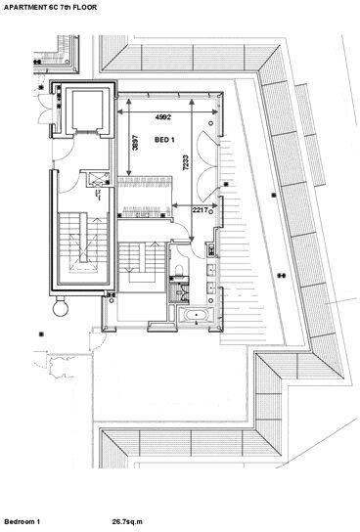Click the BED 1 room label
164,140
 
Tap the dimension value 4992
163,117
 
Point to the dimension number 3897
135,143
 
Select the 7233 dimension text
186,163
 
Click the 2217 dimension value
200,210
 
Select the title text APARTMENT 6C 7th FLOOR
50,7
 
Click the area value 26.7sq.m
127,521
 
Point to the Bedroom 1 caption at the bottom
22,521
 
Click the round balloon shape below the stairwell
61,307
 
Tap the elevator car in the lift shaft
87,110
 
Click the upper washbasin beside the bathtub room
211,271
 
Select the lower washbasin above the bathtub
211,288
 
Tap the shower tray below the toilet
179,291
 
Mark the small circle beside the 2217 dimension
211,211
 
